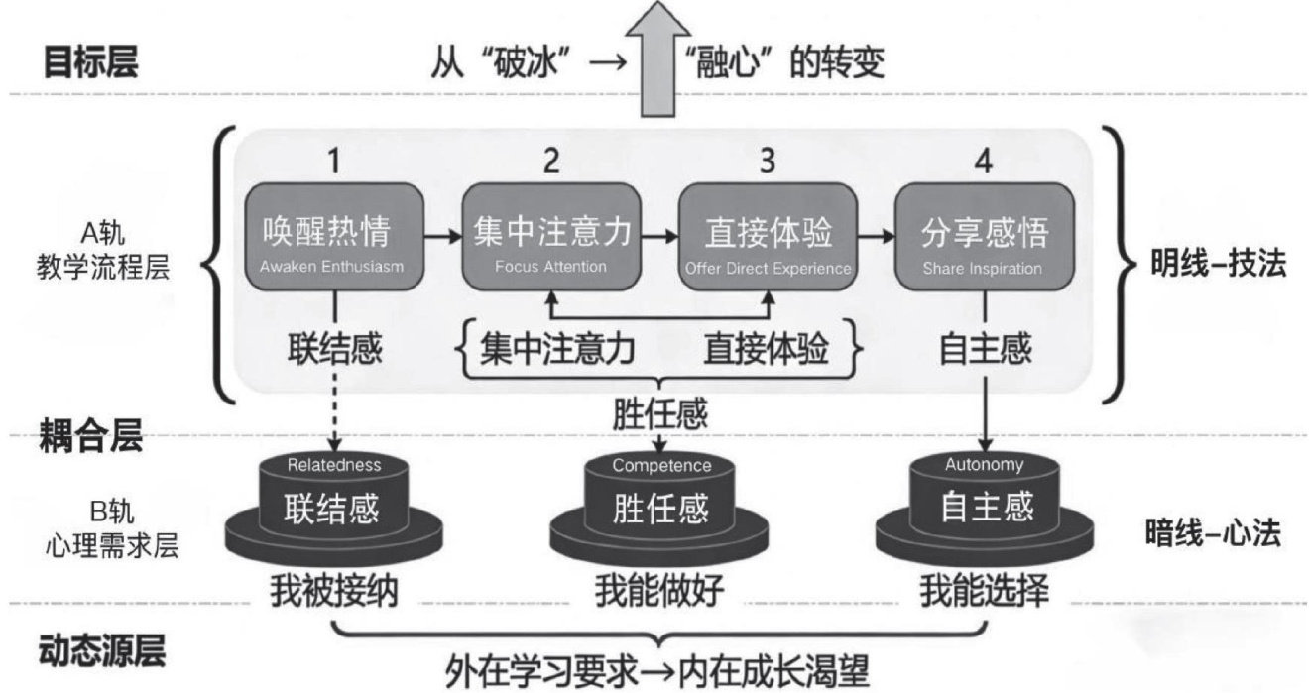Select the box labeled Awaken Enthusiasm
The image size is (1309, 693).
pyautogui.click(x=333, y=237)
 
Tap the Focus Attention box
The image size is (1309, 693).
pyautogui.click(x=551, y=237)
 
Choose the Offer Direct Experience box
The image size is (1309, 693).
pyautogui.click(x=768, y=237)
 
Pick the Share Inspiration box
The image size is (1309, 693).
pyautogui.click(x=985, y=237)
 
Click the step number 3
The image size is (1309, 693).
pyautogui.click(x=768, y=160)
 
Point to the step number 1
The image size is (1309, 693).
pyautogui.click(x=333, y=160)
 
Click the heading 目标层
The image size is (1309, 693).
pyautogui.click(x=91, y=61)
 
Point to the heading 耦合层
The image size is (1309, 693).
pyautogui.click(x=91, y=435)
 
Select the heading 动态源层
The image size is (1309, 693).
pyautogui.click(x=102, y=650)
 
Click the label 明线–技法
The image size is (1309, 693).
pyautogui.click(x=1219, y=263)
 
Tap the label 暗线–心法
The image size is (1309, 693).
pyautogui.click(x=1213, y=532)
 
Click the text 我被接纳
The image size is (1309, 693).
pyautogui.click(x=333, y=591)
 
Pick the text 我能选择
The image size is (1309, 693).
pyautogui.click(x=985, y=591)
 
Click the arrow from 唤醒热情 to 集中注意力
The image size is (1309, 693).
pyautogui.click(x=443, y=237)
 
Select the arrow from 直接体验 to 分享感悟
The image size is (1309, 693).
pyautogui.click(x=877, y=237)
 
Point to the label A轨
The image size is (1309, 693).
pyautogui.click(x=103, y=234)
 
